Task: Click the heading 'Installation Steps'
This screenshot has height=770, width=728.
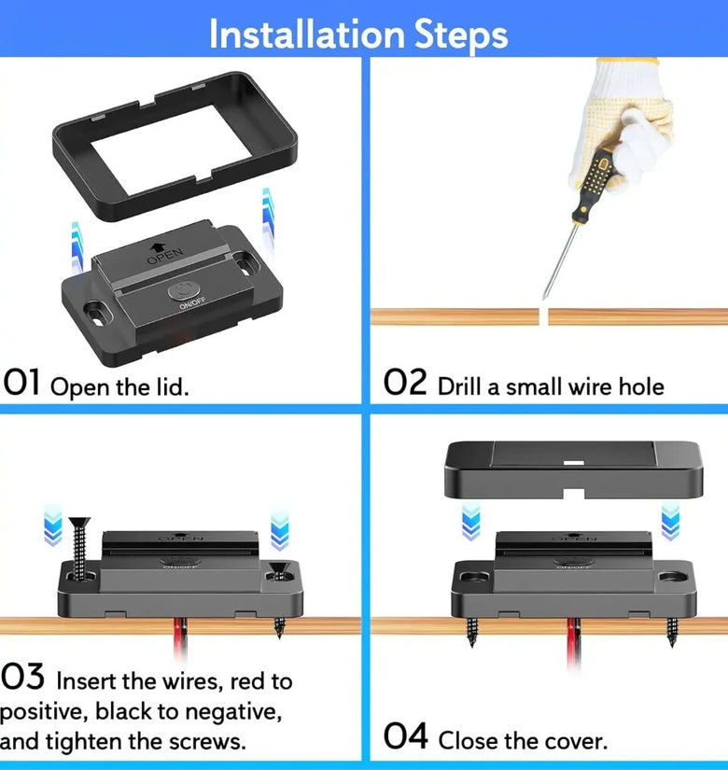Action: pos(358,35)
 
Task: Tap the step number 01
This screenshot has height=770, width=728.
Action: pos(21,382)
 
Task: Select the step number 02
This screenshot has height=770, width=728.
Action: pos(405,382)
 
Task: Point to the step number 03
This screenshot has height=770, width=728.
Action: pos(22,677)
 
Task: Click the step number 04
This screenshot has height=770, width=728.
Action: pos(405,735)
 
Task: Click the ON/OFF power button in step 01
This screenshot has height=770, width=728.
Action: pos(184,290)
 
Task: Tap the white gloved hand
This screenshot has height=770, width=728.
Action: pos(621,123)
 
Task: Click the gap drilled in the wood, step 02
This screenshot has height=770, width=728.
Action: pos(544,316)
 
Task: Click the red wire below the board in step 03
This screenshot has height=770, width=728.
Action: pos(179,637)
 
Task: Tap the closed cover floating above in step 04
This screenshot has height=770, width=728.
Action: pos(574,469)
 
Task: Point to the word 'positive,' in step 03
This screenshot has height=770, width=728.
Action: pos(43,712)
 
